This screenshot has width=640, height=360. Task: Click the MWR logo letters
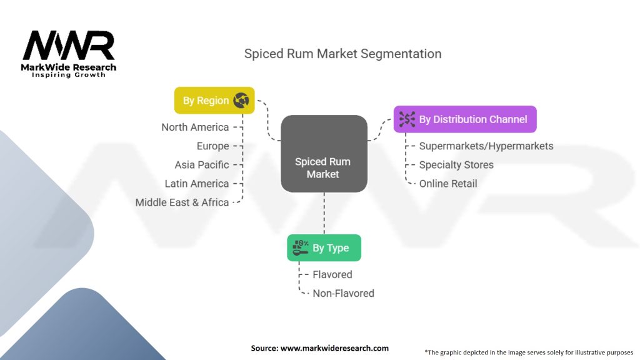tap(69, 45)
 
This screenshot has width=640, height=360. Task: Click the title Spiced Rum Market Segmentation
tap(343, 54)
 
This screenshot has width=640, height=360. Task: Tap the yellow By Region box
tap(214, 101)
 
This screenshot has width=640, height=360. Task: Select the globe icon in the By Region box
tap(241, 100)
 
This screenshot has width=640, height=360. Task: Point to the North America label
tap(195, 127)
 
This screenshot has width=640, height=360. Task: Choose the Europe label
tap(212, 146)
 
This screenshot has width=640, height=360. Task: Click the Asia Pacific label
tap(202, 164)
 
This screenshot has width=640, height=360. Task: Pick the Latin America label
tap(197, 183)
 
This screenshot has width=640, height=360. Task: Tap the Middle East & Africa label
tap(182, 202)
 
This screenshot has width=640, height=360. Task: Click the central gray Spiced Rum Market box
tap(324, 154)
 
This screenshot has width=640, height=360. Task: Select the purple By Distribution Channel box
tap(465, 119)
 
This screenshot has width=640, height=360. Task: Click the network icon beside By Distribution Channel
tap(407, 119)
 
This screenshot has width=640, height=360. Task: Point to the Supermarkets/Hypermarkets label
tap(486, 146)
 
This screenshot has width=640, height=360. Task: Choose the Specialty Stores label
tap(456, 164)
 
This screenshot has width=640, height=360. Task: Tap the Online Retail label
tap(448, 183)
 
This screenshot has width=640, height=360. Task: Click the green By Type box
tap(324, 247)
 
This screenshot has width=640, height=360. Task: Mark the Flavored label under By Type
tap(332, 274)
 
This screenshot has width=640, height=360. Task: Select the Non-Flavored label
tap(343, 293)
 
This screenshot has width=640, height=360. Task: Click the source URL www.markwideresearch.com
tap(335, 348)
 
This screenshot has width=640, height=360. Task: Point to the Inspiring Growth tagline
tap(69, 75)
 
